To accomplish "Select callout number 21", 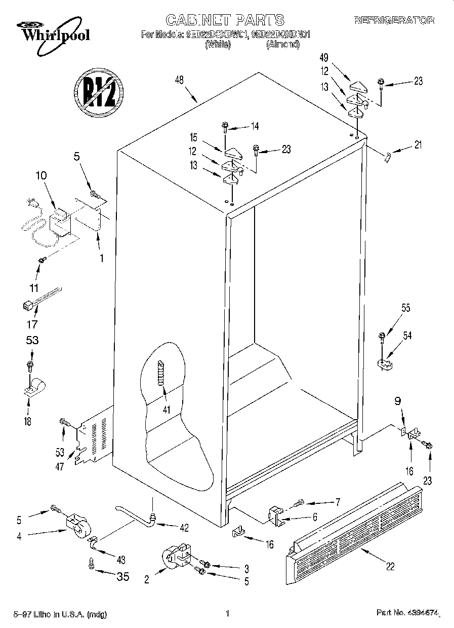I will point(418,145).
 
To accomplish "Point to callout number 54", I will point(408,335).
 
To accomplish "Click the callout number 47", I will point(60,467).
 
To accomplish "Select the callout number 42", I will point(183,528).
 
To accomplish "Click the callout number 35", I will point(122,577).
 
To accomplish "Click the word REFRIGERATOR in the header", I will point(394,20).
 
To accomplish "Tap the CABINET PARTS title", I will point(225,20).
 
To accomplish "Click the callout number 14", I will point(255,126).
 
